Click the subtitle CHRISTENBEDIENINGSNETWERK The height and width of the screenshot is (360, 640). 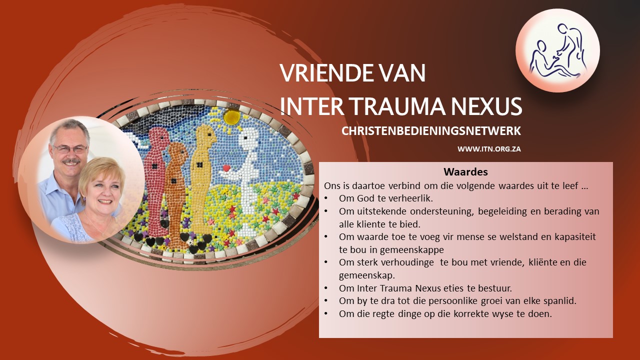(431, 131)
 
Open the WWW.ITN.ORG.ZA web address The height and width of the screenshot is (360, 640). (489, 149)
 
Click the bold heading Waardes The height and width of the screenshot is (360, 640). (465, 171)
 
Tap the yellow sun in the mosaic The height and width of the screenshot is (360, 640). (231, 117)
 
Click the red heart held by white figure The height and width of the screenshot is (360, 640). (226, 168)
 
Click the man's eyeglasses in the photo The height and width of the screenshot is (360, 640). (70, 149)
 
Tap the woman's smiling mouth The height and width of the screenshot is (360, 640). (105, 201)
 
